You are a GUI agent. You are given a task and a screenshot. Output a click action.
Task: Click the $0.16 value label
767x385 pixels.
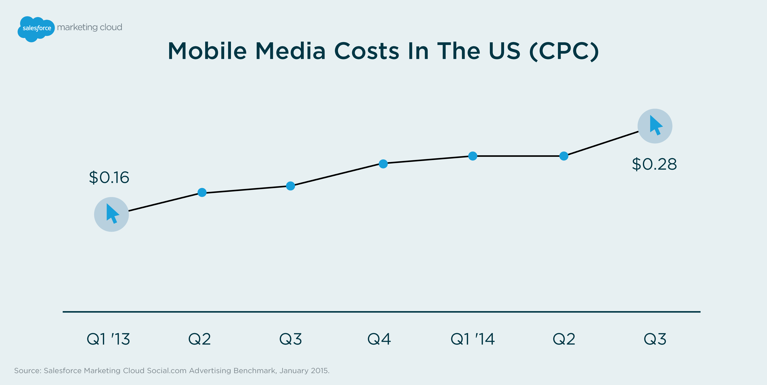[x=109, y=178]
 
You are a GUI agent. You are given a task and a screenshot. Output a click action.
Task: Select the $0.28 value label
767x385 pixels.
[x=654, y=164]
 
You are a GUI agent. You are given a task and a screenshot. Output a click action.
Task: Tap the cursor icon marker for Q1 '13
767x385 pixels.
[x=111, y=214]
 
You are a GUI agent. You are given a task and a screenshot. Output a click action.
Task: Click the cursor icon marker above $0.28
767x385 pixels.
[x=655, y=126]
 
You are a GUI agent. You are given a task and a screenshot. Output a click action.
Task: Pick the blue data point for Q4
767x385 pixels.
[x=383, y=164]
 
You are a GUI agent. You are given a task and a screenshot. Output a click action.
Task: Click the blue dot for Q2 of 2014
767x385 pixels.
[x=564, y=156]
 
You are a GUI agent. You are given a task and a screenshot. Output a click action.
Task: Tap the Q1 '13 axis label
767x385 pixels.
[x=108, y=339]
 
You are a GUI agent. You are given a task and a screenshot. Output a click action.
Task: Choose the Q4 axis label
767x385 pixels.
[x=379, y=339]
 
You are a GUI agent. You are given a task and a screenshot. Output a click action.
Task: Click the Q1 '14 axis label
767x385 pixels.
[x=472, y=339]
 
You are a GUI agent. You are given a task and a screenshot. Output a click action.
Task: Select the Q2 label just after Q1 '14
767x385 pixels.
[x=564, y=339]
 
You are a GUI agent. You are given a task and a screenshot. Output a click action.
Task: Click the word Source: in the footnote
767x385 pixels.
[x=28, y=371]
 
